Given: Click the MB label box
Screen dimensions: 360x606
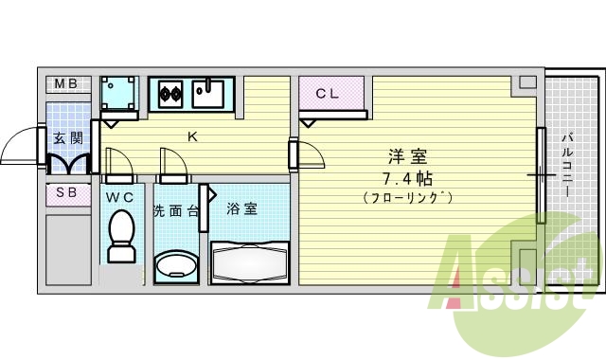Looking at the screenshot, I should coord(65,85).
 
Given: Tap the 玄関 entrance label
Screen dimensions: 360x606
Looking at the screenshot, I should coord(67,138).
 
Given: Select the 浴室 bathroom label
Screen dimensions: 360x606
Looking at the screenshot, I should coord(242,209).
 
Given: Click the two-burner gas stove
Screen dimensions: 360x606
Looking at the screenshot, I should coord(170,93).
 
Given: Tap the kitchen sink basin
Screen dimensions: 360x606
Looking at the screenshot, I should coord(207,94).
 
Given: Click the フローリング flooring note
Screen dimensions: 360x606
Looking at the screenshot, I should coord(407,198).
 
